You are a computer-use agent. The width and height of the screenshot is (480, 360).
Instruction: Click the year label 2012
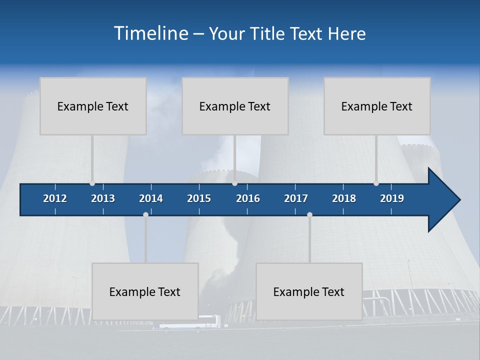(55, 198)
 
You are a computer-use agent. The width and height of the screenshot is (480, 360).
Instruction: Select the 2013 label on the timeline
(103, 198)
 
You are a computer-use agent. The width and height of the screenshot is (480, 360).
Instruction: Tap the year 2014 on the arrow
(151, 198)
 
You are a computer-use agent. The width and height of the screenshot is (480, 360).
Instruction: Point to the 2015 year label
(199, 198)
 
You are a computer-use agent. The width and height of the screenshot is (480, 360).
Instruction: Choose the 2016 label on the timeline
(248, 198)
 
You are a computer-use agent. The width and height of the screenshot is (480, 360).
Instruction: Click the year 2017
(296, 198)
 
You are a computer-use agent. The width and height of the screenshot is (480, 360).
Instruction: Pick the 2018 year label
(344, 198)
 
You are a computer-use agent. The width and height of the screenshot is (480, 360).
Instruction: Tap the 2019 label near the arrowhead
(392, 198)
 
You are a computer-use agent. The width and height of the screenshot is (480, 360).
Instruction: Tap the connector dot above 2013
(92, 183)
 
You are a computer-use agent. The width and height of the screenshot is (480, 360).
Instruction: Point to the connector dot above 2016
(234, 183)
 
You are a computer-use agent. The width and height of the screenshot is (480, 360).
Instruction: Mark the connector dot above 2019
(376, 183)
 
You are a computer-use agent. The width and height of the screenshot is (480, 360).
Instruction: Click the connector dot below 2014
(145, 215)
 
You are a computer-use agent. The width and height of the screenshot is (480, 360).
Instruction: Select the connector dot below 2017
(309, 215)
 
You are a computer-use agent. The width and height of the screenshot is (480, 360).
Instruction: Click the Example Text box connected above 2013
(93, 106)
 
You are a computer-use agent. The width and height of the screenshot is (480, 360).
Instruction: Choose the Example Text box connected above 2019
(377, 106)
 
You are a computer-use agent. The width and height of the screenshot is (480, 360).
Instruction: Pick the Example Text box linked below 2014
(145, 291)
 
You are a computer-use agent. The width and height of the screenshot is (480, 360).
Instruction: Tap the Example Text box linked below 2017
(309, 291)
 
